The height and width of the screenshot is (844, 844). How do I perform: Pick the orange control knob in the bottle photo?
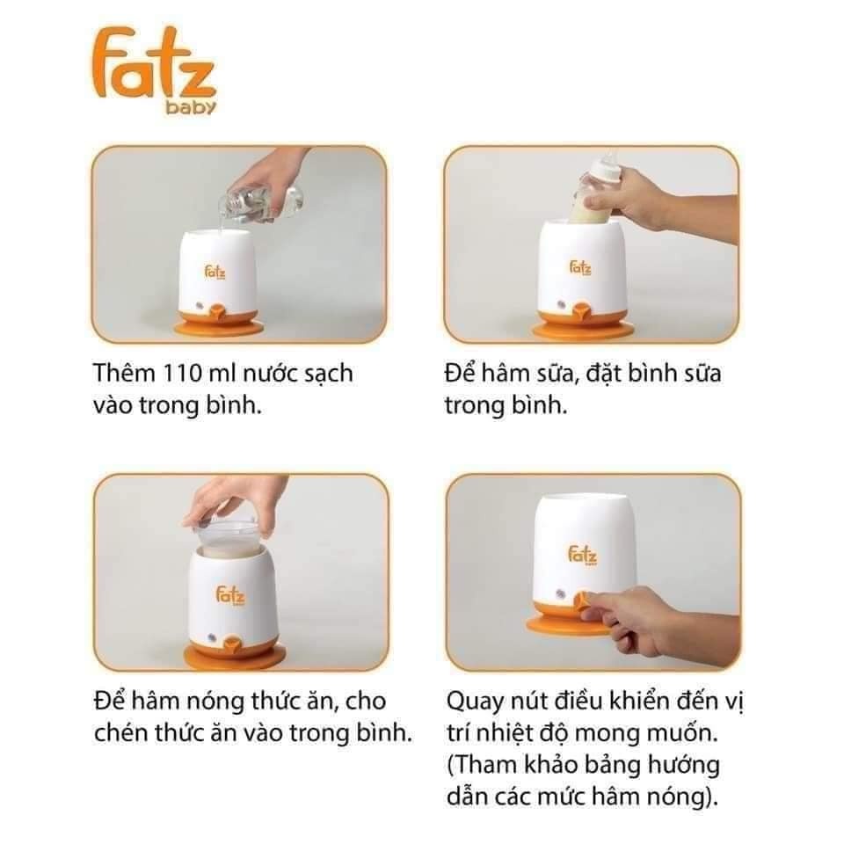(x=579, y=310)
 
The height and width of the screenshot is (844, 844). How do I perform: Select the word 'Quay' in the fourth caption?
(x=476, y=703)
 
